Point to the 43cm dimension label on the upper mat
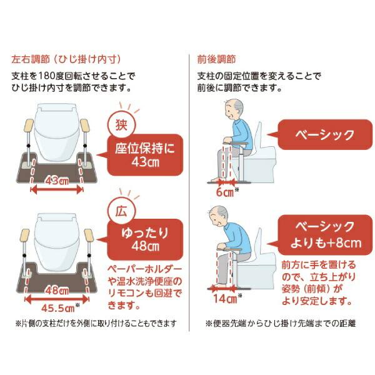tap(56, 180)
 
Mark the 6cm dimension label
tap(222, 193)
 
